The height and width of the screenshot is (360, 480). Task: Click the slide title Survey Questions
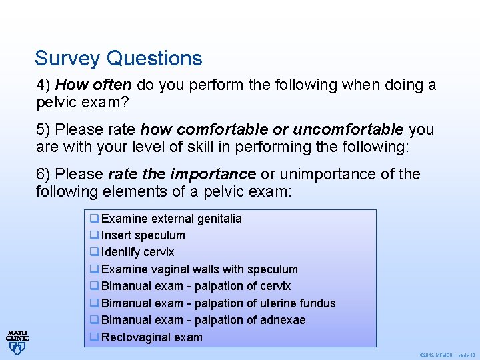point(118,59)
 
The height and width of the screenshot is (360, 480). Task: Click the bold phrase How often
point(84,85)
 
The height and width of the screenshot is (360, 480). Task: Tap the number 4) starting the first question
point(44,85)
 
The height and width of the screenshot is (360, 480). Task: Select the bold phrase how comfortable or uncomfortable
point(272,129)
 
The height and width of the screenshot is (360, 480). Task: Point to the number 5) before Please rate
point(44,129)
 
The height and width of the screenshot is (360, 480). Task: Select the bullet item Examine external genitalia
point(171,219)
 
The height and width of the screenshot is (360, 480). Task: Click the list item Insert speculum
point(143,235)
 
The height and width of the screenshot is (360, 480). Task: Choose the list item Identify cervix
point(137,252)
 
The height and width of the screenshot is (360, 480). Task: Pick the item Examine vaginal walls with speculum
point(199,269)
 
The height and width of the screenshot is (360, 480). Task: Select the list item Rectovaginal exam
point(151,337)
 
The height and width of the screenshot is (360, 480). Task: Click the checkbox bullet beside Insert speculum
point(95,235)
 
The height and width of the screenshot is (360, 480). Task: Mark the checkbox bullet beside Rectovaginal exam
point(95,337)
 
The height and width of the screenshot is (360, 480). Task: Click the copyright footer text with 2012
point(446,355)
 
